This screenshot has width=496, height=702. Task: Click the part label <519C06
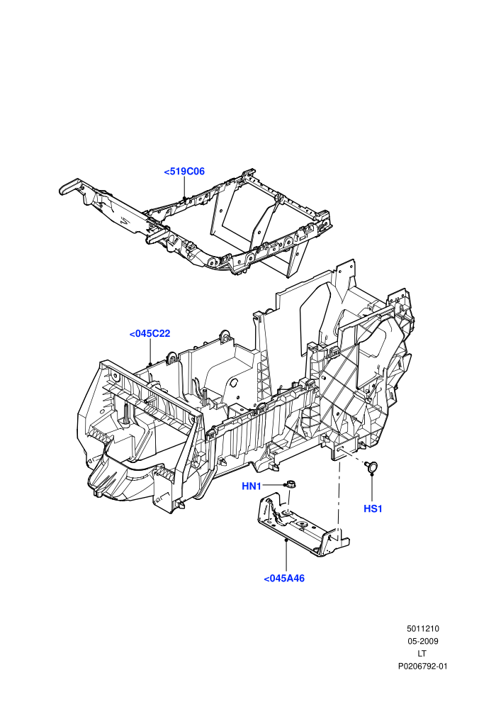point(184,172)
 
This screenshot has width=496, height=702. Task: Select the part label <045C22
point(150,334)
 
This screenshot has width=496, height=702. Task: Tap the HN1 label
point(252,486)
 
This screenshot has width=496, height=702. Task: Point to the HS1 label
point(373,508)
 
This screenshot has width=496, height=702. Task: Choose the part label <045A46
point(284,579)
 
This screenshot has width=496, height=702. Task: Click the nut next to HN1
point(291,484)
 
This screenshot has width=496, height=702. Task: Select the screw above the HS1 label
point(371,467)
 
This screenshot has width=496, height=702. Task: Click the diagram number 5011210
point(422,628)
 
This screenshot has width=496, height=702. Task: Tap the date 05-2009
point(422,641)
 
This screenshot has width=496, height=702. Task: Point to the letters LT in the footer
point(422,654)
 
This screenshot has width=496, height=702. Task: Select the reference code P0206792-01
point(422,666)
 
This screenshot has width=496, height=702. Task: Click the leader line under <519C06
point(184,188)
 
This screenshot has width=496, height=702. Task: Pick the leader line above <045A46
point(286,556)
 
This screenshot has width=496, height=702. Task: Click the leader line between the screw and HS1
point(372,487)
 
